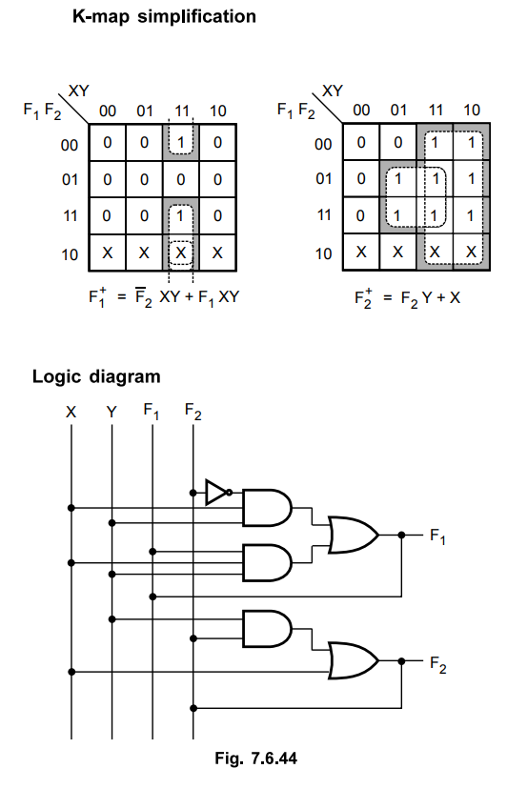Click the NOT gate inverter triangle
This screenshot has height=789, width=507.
[x=217, y=493]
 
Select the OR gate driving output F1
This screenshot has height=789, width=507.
[x=354, y=535]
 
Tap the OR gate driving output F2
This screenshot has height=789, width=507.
[x=354, y=660]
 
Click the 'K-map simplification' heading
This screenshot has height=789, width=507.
[x=164, y=16]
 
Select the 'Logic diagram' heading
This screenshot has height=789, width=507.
[x=96, y=377]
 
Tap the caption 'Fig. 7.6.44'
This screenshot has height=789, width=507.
[x=255, y=759]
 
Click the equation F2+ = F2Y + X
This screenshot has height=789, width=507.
[x=407, y=298]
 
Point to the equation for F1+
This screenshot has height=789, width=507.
[x=164, y=297]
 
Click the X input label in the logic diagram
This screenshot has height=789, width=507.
[x=71, y=413]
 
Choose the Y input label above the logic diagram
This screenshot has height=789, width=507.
[x=112, y=413]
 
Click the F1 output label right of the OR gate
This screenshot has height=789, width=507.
[x=438, y=536]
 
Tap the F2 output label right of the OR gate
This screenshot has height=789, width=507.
[x=438, y=665]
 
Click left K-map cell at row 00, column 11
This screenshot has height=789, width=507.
[x=181, y=142]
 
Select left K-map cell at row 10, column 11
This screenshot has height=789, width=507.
[x=181, y=253]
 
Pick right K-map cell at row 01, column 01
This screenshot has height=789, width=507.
[x=397, y=178]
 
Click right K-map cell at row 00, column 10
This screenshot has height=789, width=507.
[x=471, y=142]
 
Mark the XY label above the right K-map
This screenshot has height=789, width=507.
[x=333, y=91]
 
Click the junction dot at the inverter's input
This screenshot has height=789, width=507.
[x=193, y=493]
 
